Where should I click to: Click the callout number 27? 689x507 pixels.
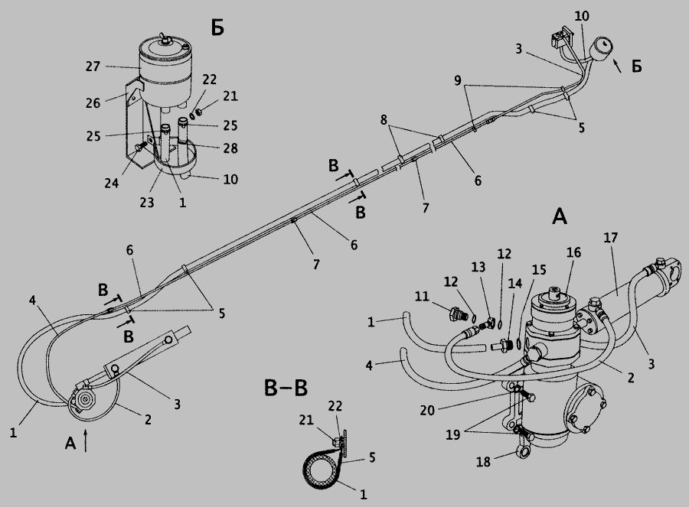click(x=93, y=67)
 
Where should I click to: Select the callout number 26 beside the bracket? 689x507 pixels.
click(x=93, y=103)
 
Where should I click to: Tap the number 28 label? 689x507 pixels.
click(x=230, y=148)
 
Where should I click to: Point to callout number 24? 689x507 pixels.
click(x=112, y=183)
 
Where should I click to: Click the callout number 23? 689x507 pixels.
click(x=147, y=203)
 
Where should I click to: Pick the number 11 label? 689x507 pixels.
click(x=422, y=297)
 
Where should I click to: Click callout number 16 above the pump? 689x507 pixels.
click(x=573, y=252)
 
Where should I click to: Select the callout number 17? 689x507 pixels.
click(x=611, y=238)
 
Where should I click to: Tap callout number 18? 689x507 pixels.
click(x=483, y=462)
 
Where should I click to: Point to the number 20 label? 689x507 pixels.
click(x=427, y=411)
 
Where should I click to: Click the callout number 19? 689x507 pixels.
click(x=453, y=434)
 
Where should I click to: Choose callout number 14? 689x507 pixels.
click(x=515, y=284)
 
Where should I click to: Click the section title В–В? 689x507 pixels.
click(x=286, y=388)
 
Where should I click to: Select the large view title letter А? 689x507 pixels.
click(x=560, y=216)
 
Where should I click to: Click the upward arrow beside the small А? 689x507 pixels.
click(x=86, y=440)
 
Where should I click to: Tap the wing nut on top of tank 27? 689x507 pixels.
click(x=166, y=37)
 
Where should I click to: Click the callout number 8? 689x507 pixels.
click(x=384, y=119)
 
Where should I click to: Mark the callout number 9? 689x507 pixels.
click(x=458, y=81)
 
